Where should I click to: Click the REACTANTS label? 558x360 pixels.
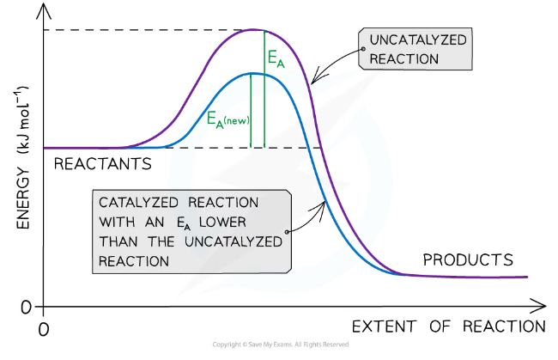[103, 162]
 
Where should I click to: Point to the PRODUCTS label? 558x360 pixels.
[468, 259]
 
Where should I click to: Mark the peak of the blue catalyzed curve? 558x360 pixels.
[255, 73]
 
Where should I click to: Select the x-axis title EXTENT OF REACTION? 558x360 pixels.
[448, 326]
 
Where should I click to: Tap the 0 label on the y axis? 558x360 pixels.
[26, 307]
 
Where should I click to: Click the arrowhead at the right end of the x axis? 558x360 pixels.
[541, 305]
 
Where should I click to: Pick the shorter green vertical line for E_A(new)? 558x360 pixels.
[251, 110]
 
